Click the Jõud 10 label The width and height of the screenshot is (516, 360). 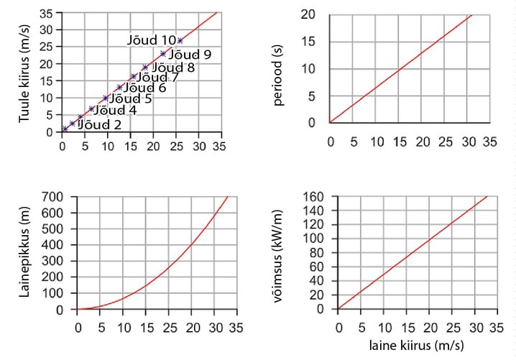(152, 40)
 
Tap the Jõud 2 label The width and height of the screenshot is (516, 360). (100, 124)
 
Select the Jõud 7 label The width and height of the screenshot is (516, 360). (157, 77)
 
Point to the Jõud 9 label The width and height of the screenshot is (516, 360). (190, 54)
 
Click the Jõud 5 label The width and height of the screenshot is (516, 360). (129, 98)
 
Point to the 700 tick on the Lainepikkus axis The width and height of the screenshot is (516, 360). (53, 197)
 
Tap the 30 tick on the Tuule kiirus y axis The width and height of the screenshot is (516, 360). (46, 30)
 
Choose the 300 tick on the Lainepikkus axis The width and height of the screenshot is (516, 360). (53, 262)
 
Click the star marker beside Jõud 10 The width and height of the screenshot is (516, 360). (180, 40)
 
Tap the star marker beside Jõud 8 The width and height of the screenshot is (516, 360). (145, 68)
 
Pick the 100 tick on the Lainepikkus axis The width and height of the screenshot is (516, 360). (53, 294)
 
